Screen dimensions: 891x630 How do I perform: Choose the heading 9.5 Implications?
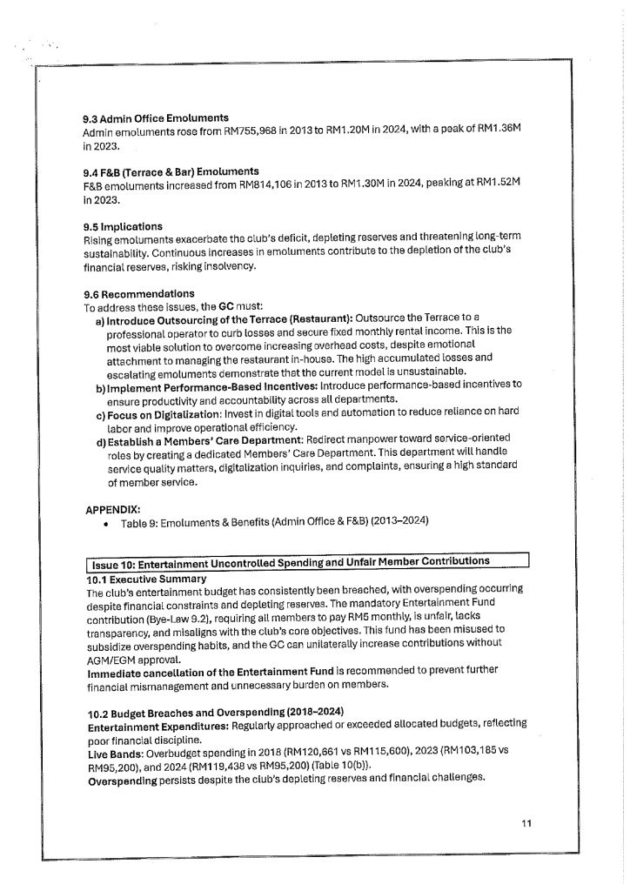[x=123, y=226]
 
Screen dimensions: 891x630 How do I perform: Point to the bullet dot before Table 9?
[x=105, y=522]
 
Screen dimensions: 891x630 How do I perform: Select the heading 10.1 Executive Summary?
[x=146, y=579]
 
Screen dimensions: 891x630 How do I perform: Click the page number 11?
[x=526, y=822]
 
